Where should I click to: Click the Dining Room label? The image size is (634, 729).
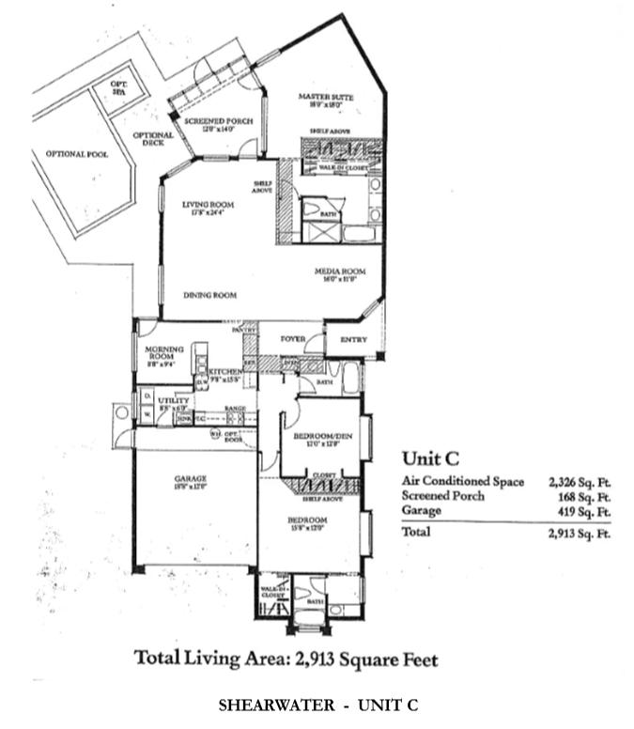[209, 295]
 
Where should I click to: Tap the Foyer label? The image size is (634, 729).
[286, 337]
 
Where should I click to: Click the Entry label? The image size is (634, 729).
[354, 338]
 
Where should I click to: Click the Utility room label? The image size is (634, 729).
[176, 401]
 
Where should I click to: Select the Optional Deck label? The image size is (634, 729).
[152, 139]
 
